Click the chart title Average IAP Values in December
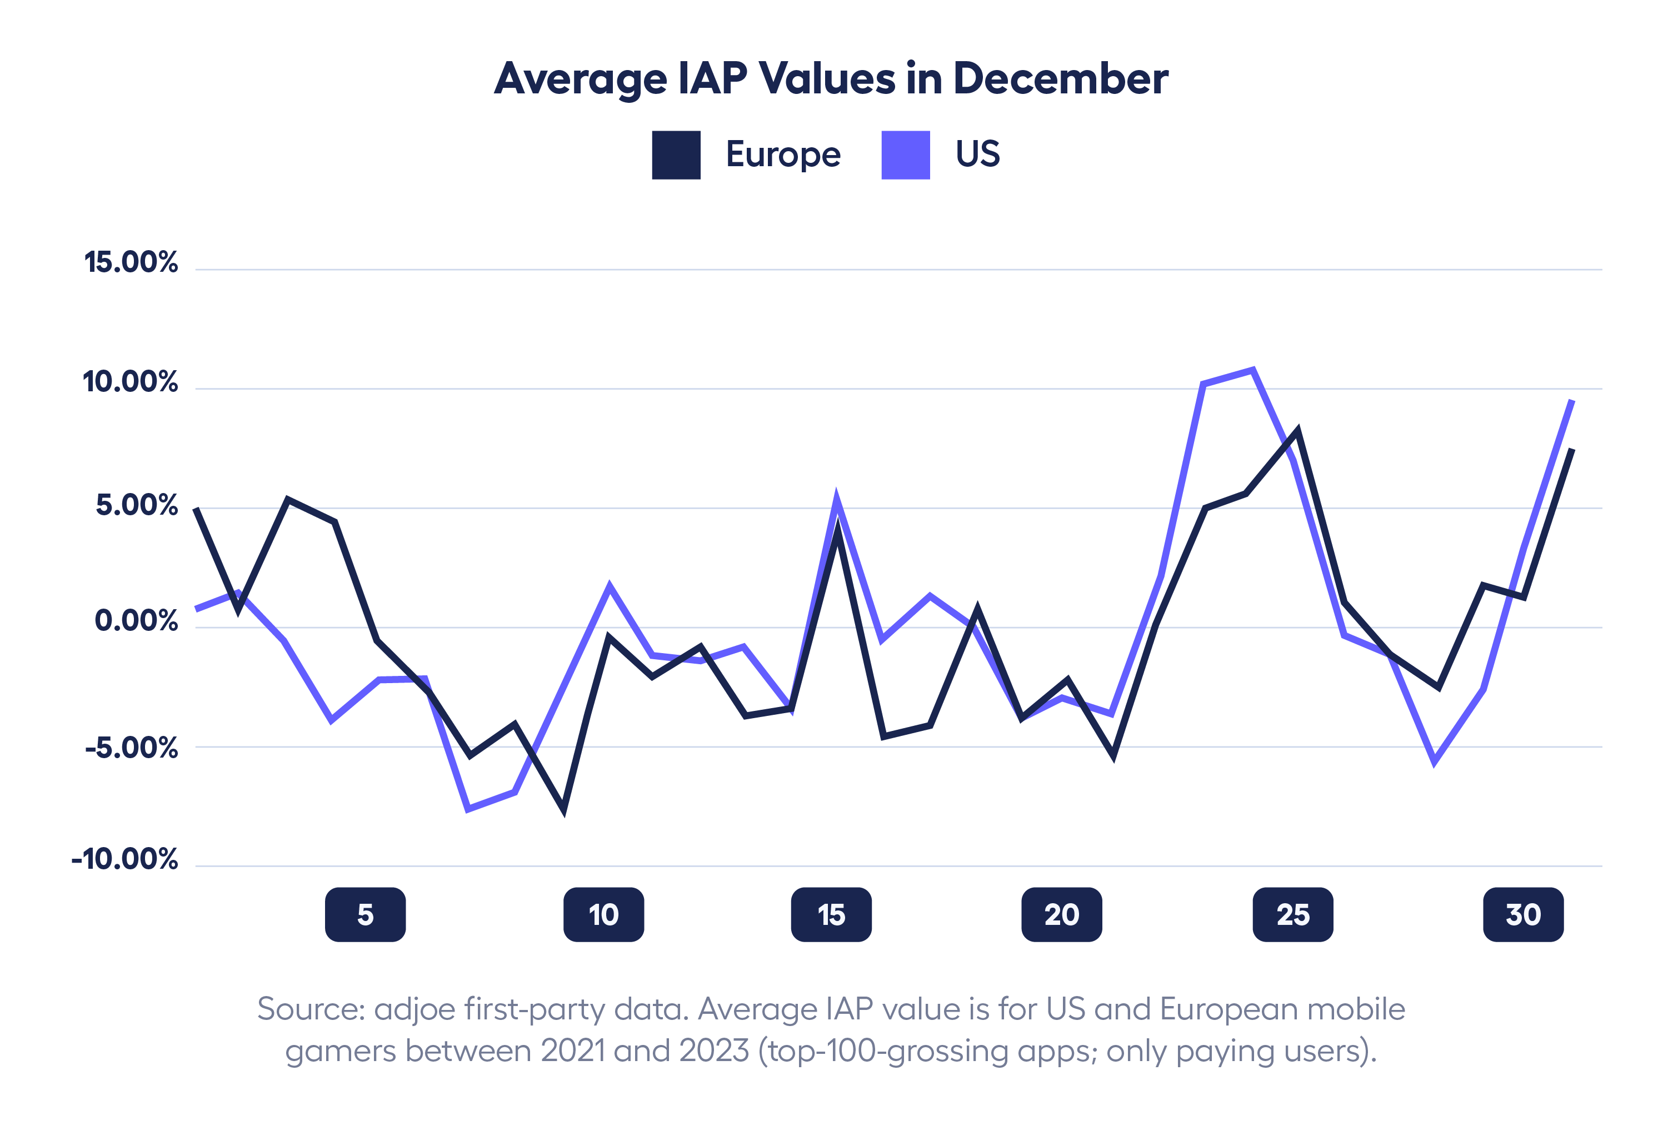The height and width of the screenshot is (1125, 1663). tap(831, 79)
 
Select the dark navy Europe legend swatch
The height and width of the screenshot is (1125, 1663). tap(676, 155)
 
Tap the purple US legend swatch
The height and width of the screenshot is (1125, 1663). tap(905, 155)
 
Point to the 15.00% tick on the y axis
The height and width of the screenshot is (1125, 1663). tap(131, 263)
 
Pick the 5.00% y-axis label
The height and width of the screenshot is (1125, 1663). tap(137, 505)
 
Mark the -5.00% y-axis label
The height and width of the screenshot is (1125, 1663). tap(132, 748)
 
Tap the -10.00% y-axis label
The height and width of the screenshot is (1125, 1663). tap(124, 859)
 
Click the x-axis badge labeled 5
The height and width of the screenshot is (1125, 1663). tap(365, 914)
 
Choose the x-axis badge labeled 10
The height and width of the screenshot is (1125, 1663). tap(603, 914)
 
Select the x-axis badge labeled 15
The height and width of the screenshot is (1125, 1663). tap(831, 914)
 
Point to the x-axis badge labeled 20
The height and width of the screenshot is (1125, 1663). tap(1061, 914)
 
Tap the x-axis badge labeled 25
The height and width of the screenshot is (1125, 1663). tap(1292, 914)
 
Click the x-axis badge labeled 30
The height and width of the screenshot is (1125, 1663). tap(1523, 914)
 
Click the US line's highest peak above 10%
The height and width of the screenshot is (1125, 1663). tap(1252, 371)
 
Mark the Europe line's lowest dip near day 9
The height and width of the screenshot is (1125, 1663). tap(564, 809)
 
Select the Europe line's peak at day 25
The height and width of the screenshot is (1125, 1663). tap(1297, 431)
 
